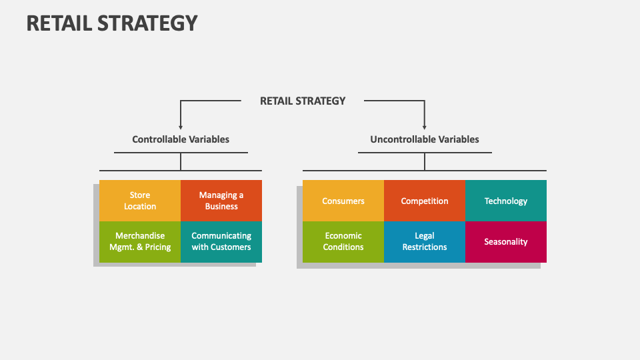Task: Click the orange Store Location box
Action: coord(140,201)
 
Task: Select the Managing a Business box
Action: coord(221,201)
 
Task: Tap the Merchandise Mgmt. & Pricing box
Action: coord(140,241)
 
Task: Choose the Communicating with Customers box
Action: coord(221,241)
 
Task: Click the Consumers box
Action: coord(343,201)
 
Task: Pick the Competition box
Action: coord(425,201)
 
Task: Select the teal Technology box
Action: coord(506,201)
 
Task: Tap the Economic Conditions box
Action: coord(343,241)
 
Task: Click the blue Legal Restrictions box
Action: coord(425,241)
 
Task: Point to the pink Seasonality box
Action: coord(506,241)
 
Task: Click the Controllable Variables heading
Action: coord(181,139)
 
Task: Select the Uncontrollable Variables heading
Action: coord(425,139)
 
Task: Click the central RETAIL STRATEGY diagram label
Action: coord(303,101)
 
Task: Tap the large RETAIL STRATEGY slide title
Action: coord(112,23)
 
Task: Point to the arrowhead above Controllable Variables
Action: coord(181,126)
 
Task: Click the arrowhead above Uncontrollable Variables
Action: coord(425,126)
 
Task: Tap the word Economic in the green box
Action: coord(343,236)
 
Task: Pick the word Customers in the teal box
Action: coord(231,247)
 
